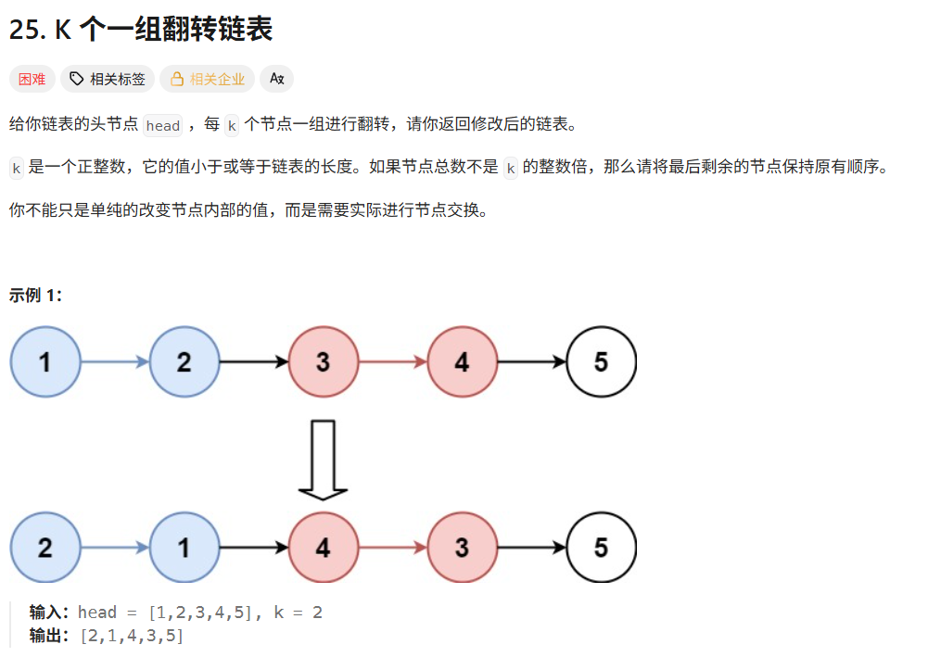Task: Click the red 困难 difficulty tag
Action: (32, 79)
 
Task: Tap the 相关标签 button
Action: (108, 79)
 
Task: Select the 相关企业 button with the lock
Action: (208, 79)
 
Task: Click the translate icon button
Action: (276, 79)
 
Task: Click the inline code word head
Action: (163, 125)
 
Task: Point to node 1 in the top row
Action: (45, 361)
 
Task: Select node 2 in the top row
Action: (184, 361)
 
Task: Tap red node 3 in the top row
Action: (323, 361)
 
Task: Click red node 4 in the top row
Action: (462, 361)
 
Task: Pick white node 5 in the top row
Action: (601, 361)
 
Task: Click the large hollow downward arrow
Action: (323, 460)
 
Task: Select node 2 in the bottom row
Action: (45, 548)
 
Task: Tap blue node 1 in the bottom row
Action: (184, 548)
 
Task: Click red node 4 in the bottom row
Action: (323, 548)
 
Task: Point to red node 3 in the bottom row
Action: (462, 548)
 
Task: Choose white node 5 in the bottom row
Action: (601, 548)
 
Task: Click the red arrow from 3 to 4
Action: (392, 361)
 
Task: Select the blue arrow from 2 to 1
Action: (115, 548)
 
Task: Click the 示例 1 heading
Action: (36, 296)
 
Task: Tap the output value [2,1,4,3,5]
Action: (132, 636)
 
